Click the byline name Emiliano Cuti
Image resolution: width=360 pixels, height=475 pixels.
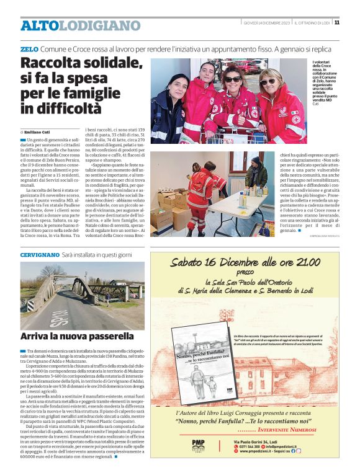pos(40,131)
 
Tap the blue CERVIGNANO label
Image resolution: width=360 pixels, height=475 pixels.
pos(39,255)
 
